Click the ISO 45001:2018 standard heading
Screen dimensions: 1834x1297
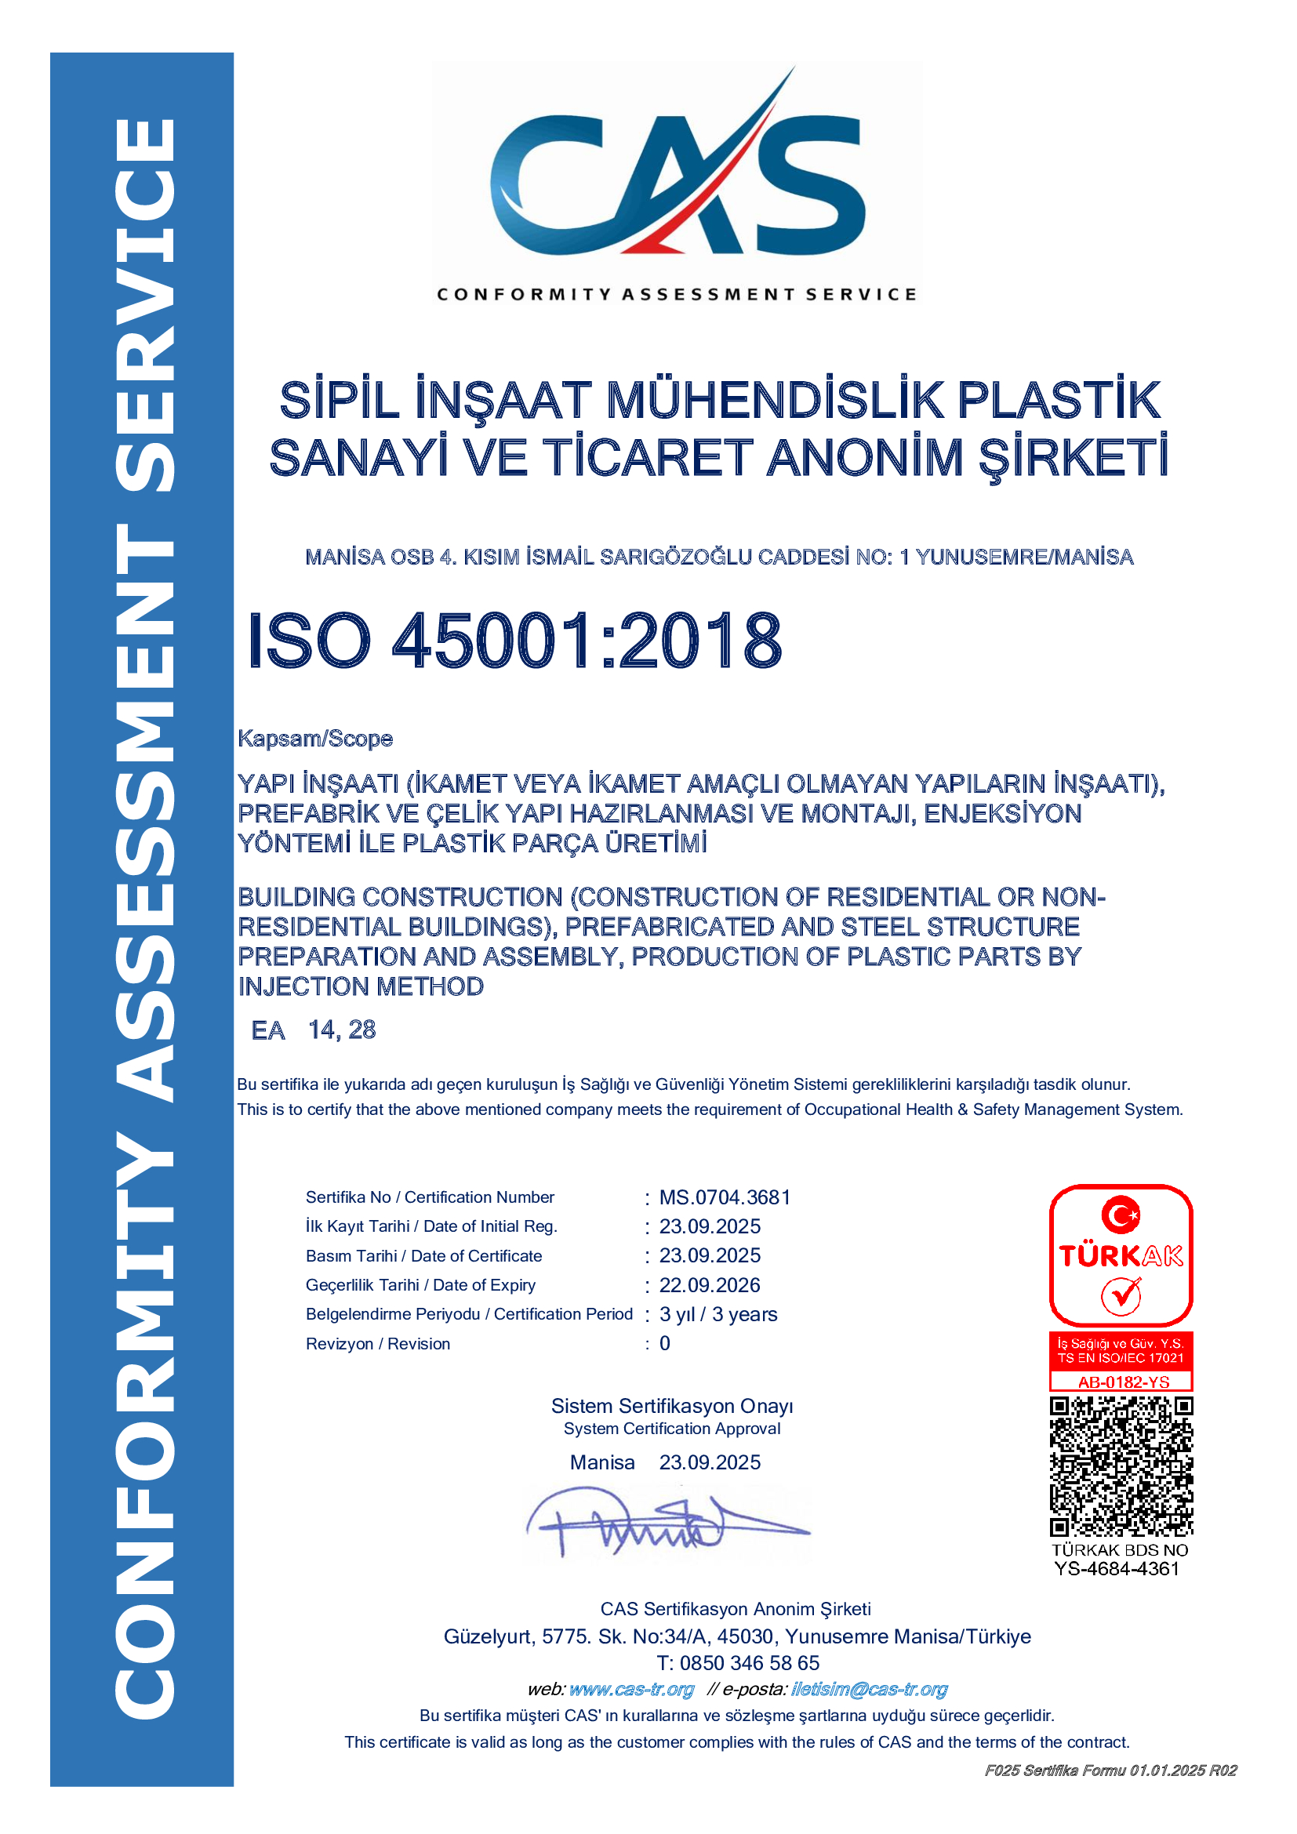click(515, 641)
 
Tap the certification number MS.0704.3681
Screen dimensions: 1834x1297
click(725, 1197)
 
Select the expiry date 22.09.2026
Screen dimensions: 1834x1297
click(709, 1285)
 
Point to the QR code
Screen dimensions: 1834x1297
click(1121, 1466)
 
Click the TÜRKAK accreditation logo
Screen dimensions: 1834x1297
click(1121, 1255)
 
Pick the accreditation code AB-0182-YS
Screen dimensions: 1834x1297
click(1123, 1382)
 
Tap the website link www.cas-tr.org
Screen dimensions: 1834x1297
click(631, 1690)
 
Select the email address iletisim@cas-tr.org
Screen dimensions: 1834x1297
click(869, 1690)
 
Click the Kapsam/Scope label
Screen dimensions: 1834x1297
click(314, 739)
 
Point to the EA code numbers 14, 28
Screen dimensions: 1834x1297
click(342, 1030)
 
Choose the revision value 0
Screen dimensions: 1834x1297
click(664, 1344)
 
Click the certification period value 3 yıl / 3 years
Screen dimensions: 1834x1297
click(718, 1315)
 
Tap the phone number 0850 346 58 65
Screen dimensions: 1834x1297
click(749, 1663)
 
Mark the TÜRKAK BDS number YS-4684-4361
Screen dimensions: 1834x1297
click(1117, 1569)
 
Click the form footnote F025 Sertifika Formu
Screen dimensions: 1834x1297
click(1110, 1771)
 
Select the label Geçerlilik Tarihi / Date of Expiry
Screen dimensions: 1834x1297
click(420, 1285)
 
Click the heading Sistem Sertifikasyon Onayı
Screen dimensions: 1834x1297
click(672, 1407)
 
